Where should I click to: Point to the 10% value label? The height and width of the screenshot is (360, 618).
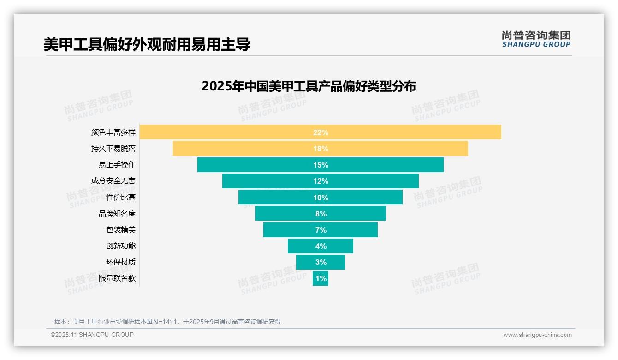[x=321, y=198]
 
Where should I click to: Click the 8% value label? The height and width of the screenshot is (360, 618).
[x=321, y=214]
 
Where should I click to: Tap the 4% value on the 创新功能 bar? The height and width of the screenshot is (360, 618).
[x=321, y=246]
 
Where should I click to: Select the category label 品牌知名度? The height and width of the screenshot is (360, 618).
[x=117, y=214]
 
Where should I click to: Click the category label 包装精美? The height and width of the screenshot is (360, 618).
[x=121, y=230]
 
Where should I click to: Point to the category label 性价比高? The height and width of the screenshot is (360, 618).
[x=121, y=198]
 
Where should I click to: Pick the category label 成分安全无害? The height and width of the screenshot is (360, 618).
[x=113, y=181]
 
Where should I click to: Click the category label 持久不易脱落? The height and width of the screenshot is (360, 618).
[x=113, y=149]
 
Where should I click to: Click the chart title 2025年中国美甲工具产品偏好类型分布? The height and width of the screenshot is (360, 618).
[x=309, y=86]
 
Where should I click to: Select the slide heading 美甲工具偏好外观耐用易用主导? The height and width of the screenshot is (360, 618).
[x=147, y=44]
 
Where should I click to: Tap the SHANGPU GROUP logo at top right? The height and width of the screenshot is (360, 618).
[x=536, y=39]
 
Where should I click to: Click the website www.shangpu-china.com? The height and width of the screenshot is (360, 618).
[x=537, y=335]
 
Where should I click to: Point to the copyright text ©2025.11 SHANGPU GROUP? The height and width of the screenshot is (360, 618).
[x=92, y=335]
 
